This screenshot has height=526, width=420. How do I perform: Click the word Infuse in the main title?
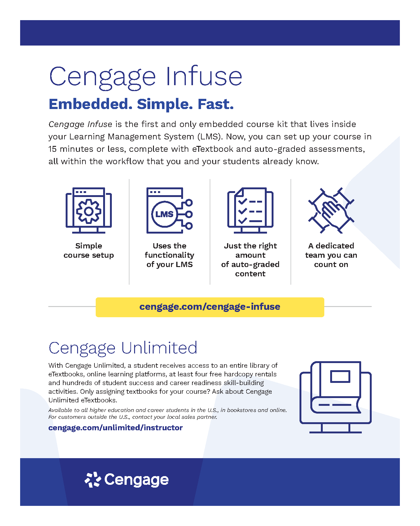pos(204,76)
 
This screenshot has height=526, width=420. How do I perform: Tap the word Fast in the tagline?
pos(216,104)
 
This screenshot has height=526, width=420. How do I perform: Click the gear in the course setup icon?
pos(89,211)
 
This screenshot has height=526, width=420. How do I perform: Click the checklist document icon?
pos(250,210)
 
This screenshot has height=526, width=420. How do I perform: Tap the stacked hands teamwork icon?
pos(331,210)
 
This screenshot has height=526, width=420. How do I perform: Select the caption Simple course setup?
pos(89,250)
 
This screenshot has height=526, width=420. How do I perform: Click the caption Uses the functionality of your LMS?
pos(169,255)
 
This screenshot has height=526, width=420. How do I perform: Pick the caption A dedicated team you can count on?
pos(331,255)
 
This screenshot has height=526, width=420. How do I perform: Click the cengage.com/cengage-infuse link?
pos(210,307)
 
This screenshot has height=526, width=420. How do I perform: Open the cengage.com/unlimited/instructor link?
pos(116,428)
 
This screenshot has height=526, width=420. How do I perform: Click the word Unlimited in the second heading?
pos(159,348)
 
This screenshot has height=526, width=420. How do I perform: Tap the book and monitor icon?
pos(335,397)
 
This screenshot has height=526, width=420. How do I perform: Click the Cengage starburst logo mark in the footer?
pos(93,480)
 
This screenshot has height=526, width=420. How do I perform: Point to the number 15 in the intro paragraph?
pos(52,149)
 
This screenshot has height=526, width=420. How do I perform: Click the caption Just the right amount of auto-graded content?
pos(250,260)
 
